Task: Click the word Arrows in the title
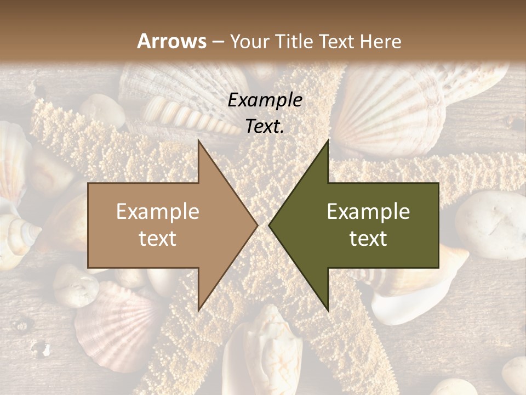(x=172, y=41)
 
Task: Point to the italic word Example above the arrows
(x=265, y=100)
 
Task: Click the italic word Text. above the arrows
(x=265, y=127)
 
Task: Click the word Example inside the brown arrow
(x=157, y=212)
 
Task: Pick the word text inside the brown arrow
(x=157, y=239)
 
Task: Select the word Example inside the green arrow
(x=368, y=212)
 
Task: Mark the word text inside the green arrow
(x=368, y=239)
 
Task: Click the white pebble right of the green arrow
(x=490, y=225)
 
